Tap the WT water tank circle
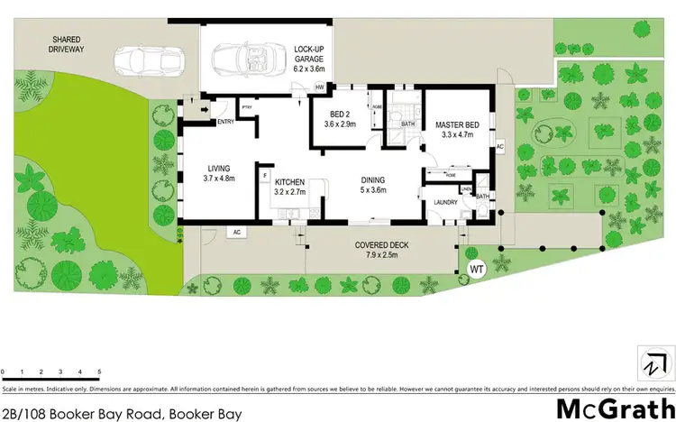(x=477, y=268)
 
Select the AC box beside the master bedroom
(x=499, y=147)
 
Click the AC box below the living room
(x=238, y=232)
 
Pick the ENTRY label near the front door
(x=224, y=123)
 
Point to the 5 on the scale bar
(x=99, y=371)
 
